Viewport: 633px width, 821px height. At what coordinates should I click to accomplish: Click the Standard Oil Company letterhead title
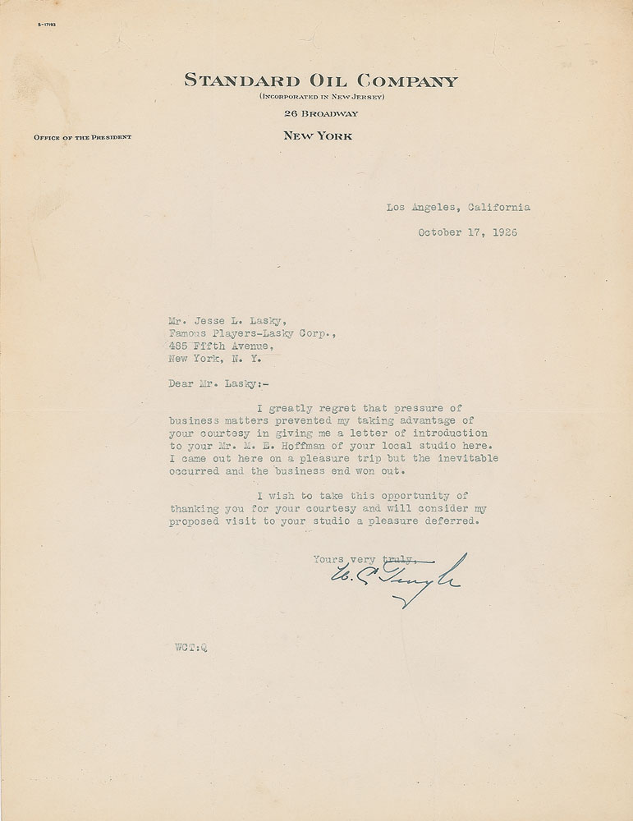point(321,80)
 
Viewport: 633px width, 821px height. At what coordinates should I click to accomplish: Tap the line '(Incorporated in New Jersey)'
point(321,98)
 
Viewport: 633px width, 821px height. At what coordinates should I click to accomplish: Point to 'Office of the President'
point(82,137)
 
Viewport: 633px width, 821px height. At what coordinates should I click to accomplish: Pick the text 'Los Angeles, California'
point(458,207)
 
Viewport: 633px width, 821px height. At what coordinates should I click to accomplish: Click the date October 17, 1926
point(468,232)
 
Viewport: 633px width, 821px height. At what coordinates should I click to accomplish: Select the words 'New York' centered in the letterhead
point(318,136)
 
